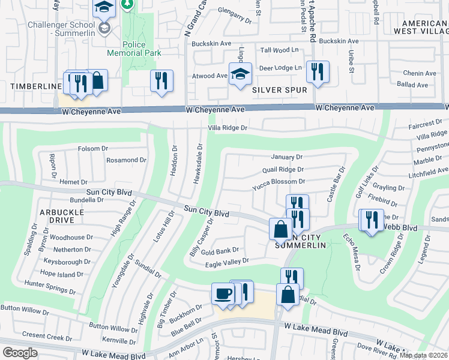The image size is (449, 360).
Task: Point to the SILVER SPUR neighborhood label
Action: (279, 90)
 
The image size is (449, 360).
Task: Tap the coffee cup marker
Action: (224, 293)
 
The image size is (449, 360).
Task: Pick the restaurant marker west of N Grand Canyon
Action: (161, 80)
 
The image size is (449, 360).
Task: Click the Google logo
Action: (20, 352)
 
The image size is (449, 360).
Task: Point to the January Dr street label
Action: (286, 157)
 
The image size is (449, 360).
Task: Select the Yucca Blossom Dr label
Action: (279, 181)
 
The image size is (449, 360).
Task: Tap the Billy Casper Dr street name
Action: (202, 238)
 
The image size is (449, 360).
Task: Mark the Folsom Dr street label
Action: (93, 148)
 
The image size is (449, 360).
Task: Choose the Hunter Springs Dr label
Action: (49, 286)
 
